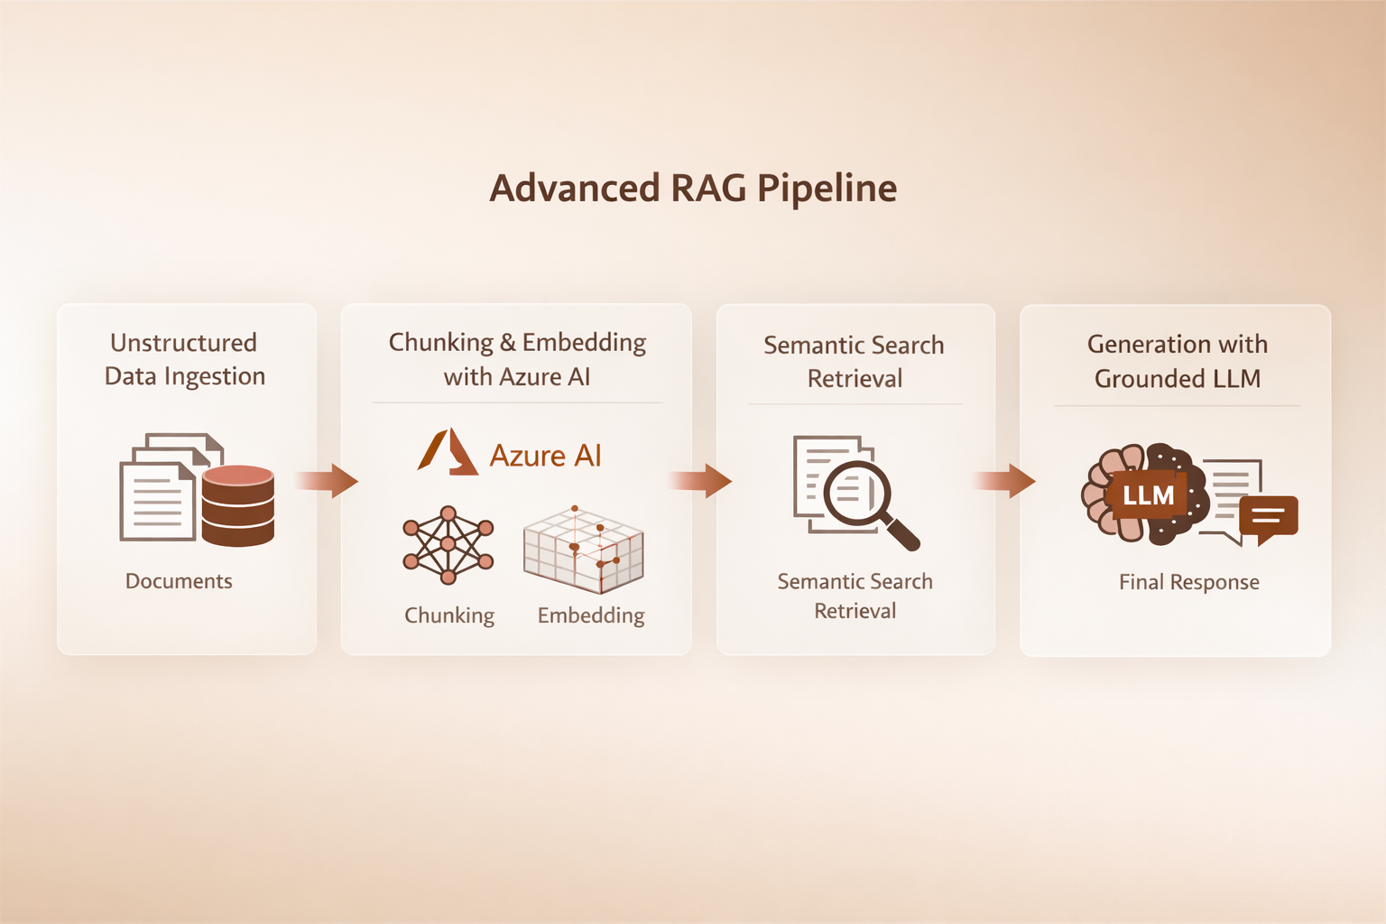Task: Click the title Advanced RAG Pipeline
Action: (x=693, y=189)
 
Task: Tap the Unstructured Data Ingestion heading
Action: (x=185, y=359)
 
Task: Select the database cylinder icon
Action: (x=237, y=505)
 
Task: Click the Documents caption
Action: (x=179, y=581)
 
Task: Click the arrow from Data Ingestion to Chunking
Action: (x=328, y=480)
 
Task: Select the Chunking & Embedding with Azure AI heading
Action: (x=517, y=359)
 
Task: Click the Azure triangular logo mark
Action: (x=448, y=452)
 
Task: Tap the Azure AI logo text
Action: (x=545, y=456)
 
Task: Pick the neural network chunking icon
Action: (x=448, y=544)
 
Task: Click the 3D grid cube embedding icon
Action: (x=584, y=550)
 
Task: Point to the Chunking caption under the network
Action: (x=449, y=615)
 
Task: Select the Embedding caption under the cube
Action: (x=591, y=615)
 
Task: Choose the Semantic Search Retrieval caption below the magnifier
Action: (x=855, y=596)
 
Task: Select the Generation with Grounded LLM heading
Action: (x=1178, y=361)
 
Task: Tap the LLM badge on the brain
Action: (x=1148, y=495)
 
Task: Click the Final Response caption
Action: (x=1189, y=582)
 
